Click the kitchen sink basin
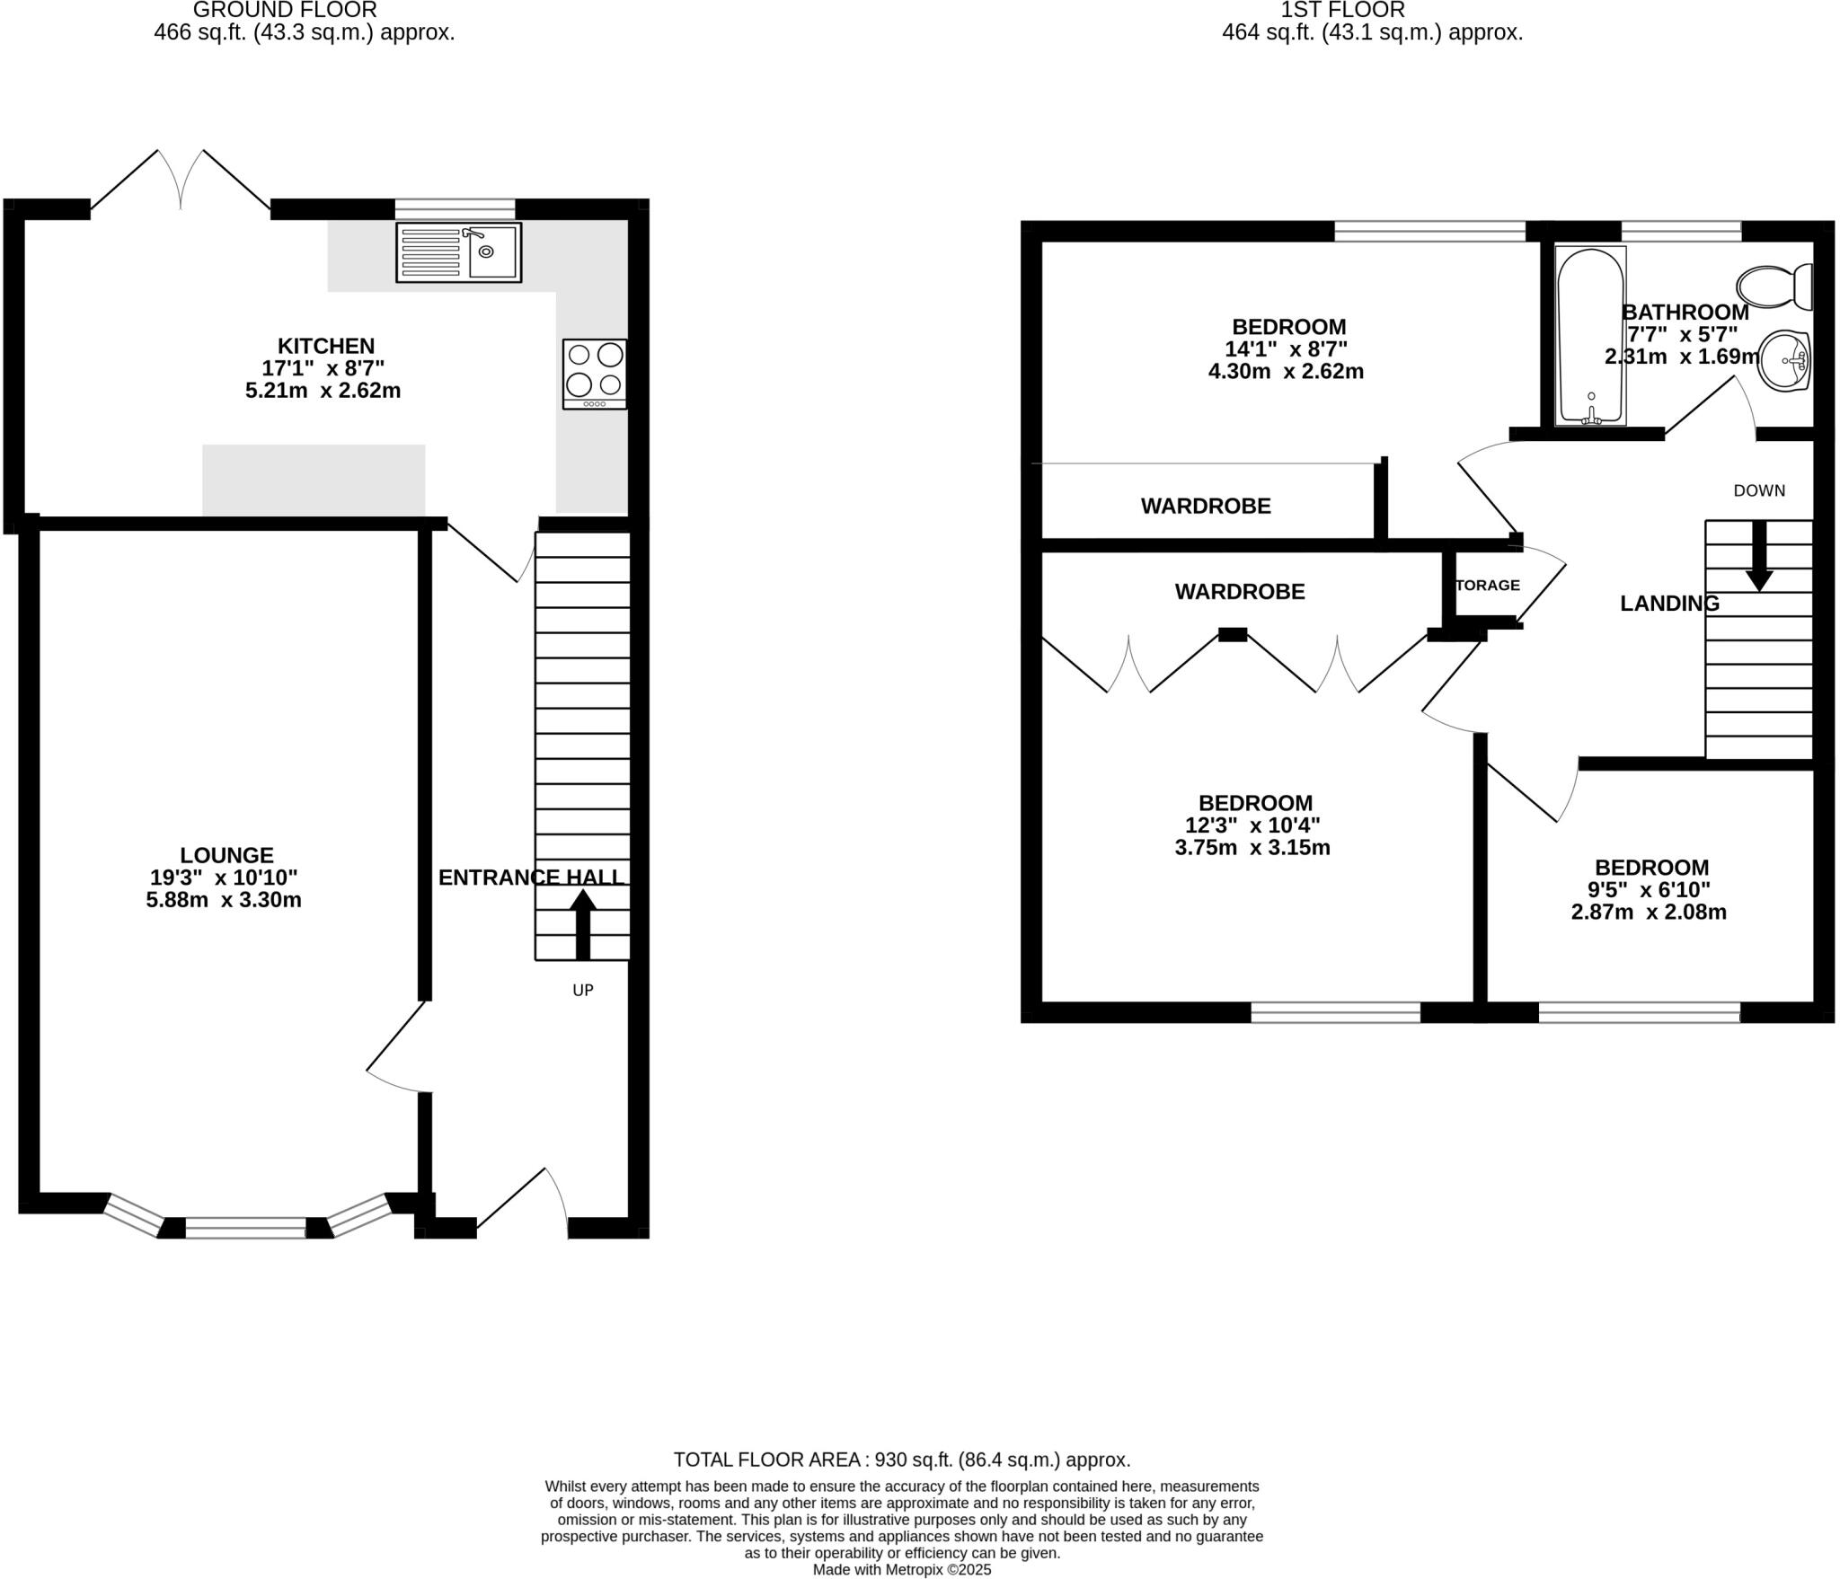(491, 251)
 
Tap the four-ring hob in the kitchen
(595, 373)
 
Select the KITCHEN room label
(325, 346)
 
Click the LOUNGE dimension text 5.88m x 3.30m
(224, 900)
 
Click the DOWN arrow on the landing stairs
(1758, 557)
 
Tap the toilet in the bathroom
(1774, 287)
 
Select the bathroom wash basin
(1783, 361)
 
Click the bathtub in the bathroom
(1590, 336)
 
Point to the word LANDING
(1669, 604)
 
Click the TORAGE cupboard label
(1487, 586)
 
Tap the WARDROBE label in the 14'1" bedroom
(1206, 507)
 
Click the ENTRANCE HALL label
(531, 878)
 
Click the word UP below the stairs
(583, 991)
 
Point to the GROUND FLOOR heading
(285, 11)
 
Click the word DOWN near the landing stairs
(1758, 490)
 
